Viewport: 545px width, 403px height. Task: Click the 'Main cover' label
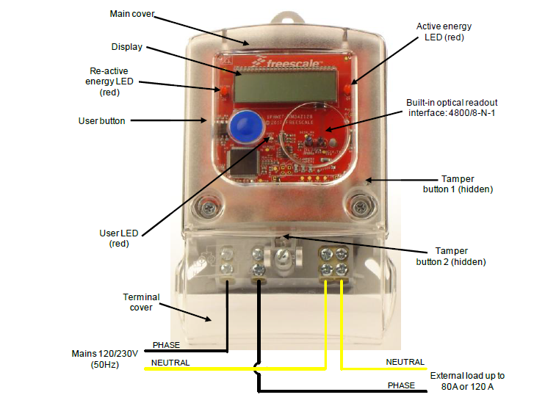tap(133, 14)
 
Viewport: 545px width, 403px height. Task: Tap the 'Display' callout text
tap(127, 47)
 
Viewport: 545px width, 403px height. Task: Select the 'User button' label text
tap(101, 120)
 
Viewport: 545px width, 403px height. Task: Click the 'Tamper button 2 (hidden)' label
tap(461, 256)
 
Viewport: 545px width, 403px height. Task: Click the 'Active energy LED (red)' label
tap(444, 32)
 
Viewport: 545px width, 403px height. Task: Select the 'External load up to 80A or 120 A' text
tap(467, 380)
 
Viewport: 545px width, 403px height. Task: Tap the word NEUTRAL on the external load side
tap(405, 362)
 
